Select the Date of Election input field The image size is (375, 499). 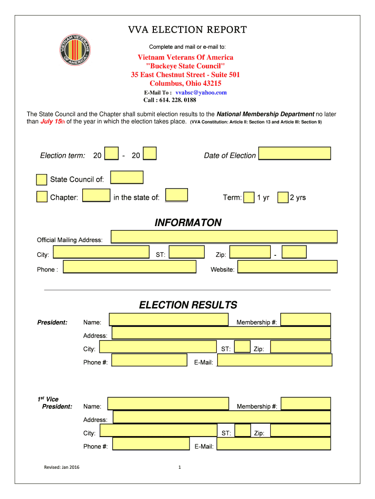295,154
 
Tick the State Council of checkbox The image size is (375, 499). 42,180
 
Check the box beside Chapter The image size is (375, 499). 42,197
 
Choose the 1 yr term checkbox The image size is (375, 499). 248,197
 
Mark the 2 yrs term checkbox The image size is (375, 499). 283,197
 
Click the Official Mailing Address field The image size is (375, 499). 224,237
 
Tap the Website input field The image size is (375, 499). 287,267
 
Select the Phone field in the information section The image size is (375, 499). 130,267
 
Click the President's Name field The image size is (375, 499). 169,320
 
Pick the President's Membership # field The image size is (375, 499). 306,320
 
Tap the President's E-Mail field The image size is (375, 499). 275,360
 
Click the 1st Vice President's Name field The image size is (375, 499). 168,404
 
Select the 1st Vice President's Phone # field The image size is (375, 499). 150,444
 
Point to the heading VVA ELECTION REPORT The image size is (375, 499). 187,30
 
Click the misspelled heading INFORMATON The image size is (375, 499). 188,223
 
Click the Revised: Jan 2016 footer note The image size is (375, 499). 61,468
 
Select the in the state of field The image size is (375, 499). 176,195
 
